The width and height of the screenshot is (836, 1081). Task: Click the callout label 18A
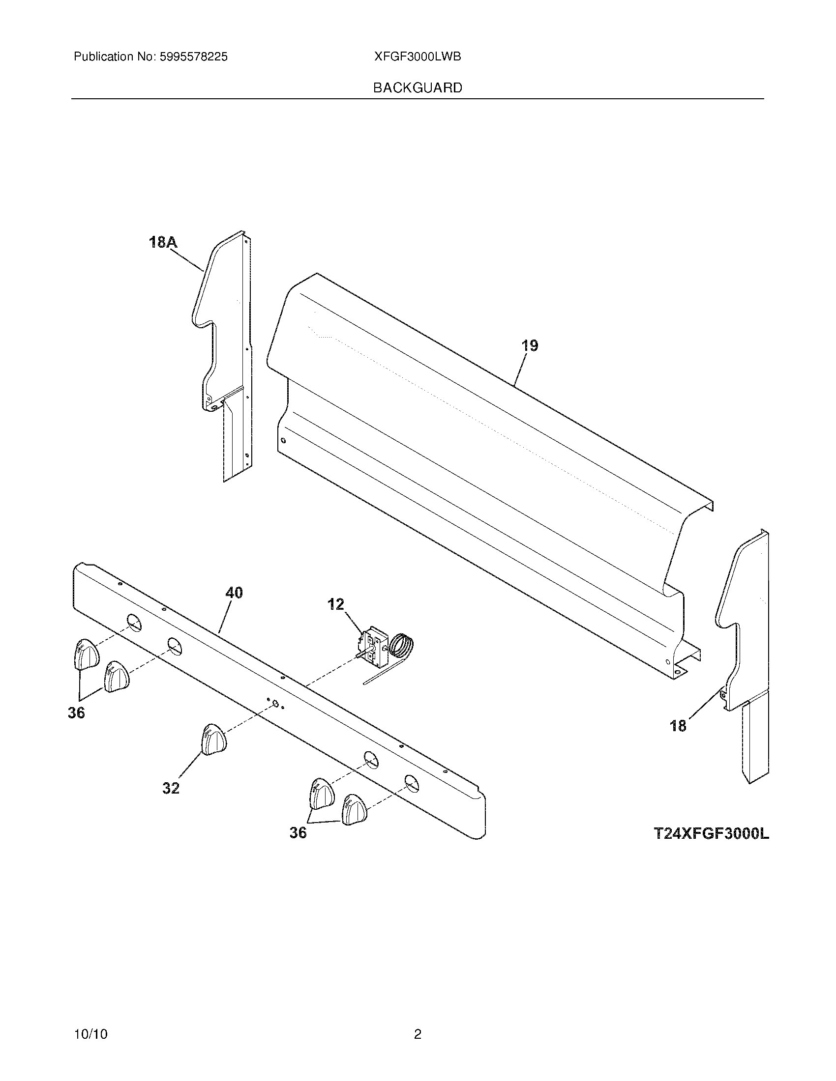[163, 243]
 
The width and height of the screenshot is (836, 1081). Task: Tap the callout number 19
[530, 345]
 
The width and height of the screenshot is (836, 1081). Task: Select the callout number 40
[234, 593]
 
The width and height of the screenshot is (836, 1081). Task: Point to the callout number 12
[335, 604]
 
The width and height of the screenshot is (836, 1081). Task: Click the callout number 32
[171, 789]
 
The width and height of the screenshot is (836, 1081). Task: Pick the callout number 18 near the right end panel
[678, 726]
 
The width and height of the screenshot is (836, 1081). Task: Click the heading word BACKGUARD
[418, 88]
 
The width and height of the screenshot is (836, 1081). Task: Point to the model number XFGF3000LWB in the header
[418, 57]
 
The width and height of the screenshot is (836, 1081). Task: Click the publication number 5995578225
[193, 57]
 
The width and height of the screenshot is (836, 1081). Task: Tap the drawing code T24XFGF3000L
[711, 834]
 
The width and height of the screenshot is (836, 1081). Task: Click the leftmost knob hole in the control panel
[132, 622]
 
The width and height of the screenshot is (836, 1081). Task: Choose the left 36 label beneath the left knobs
[76, 713]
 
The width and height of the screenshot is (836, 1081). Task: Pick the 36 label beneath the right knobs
[298, 832]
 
